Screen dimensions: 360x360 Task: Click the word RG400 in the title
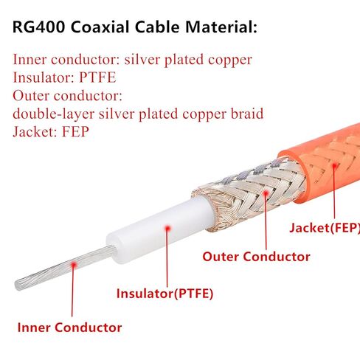point(38,27)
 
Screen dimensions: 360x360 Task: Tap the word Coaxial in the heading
point(100,27)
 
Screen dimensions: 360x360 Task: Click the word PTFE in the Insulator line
point(97,77)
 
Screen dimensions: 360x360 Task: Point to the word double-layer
point(53,114)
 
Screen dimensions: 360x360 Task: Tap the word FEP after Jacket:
point(75,131)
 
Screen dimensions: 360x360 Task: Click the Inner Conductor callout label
point(69,328)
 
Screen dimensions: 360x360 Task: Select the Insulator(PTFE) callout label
point(165,294)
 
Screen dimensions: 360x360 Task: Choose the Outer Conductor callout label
point(256,257)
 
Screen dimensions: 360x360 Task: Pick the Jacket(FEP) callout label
point(325,228)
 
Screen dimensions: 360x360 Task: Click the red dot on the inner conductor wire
point(73,265)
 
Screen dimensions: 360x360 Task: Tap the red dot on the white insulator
point(167,229)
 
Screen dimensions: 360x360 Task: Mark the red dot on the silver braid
point(266,193)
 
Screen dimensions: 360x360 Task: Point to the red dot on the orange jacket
point(334,165)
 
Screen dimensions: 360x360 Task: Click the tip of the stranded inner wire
point(17,285)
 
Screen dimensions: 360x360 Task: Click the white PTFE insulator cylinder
point(160,230)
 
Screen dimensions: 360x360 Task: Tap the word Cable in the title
point(157,27)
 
